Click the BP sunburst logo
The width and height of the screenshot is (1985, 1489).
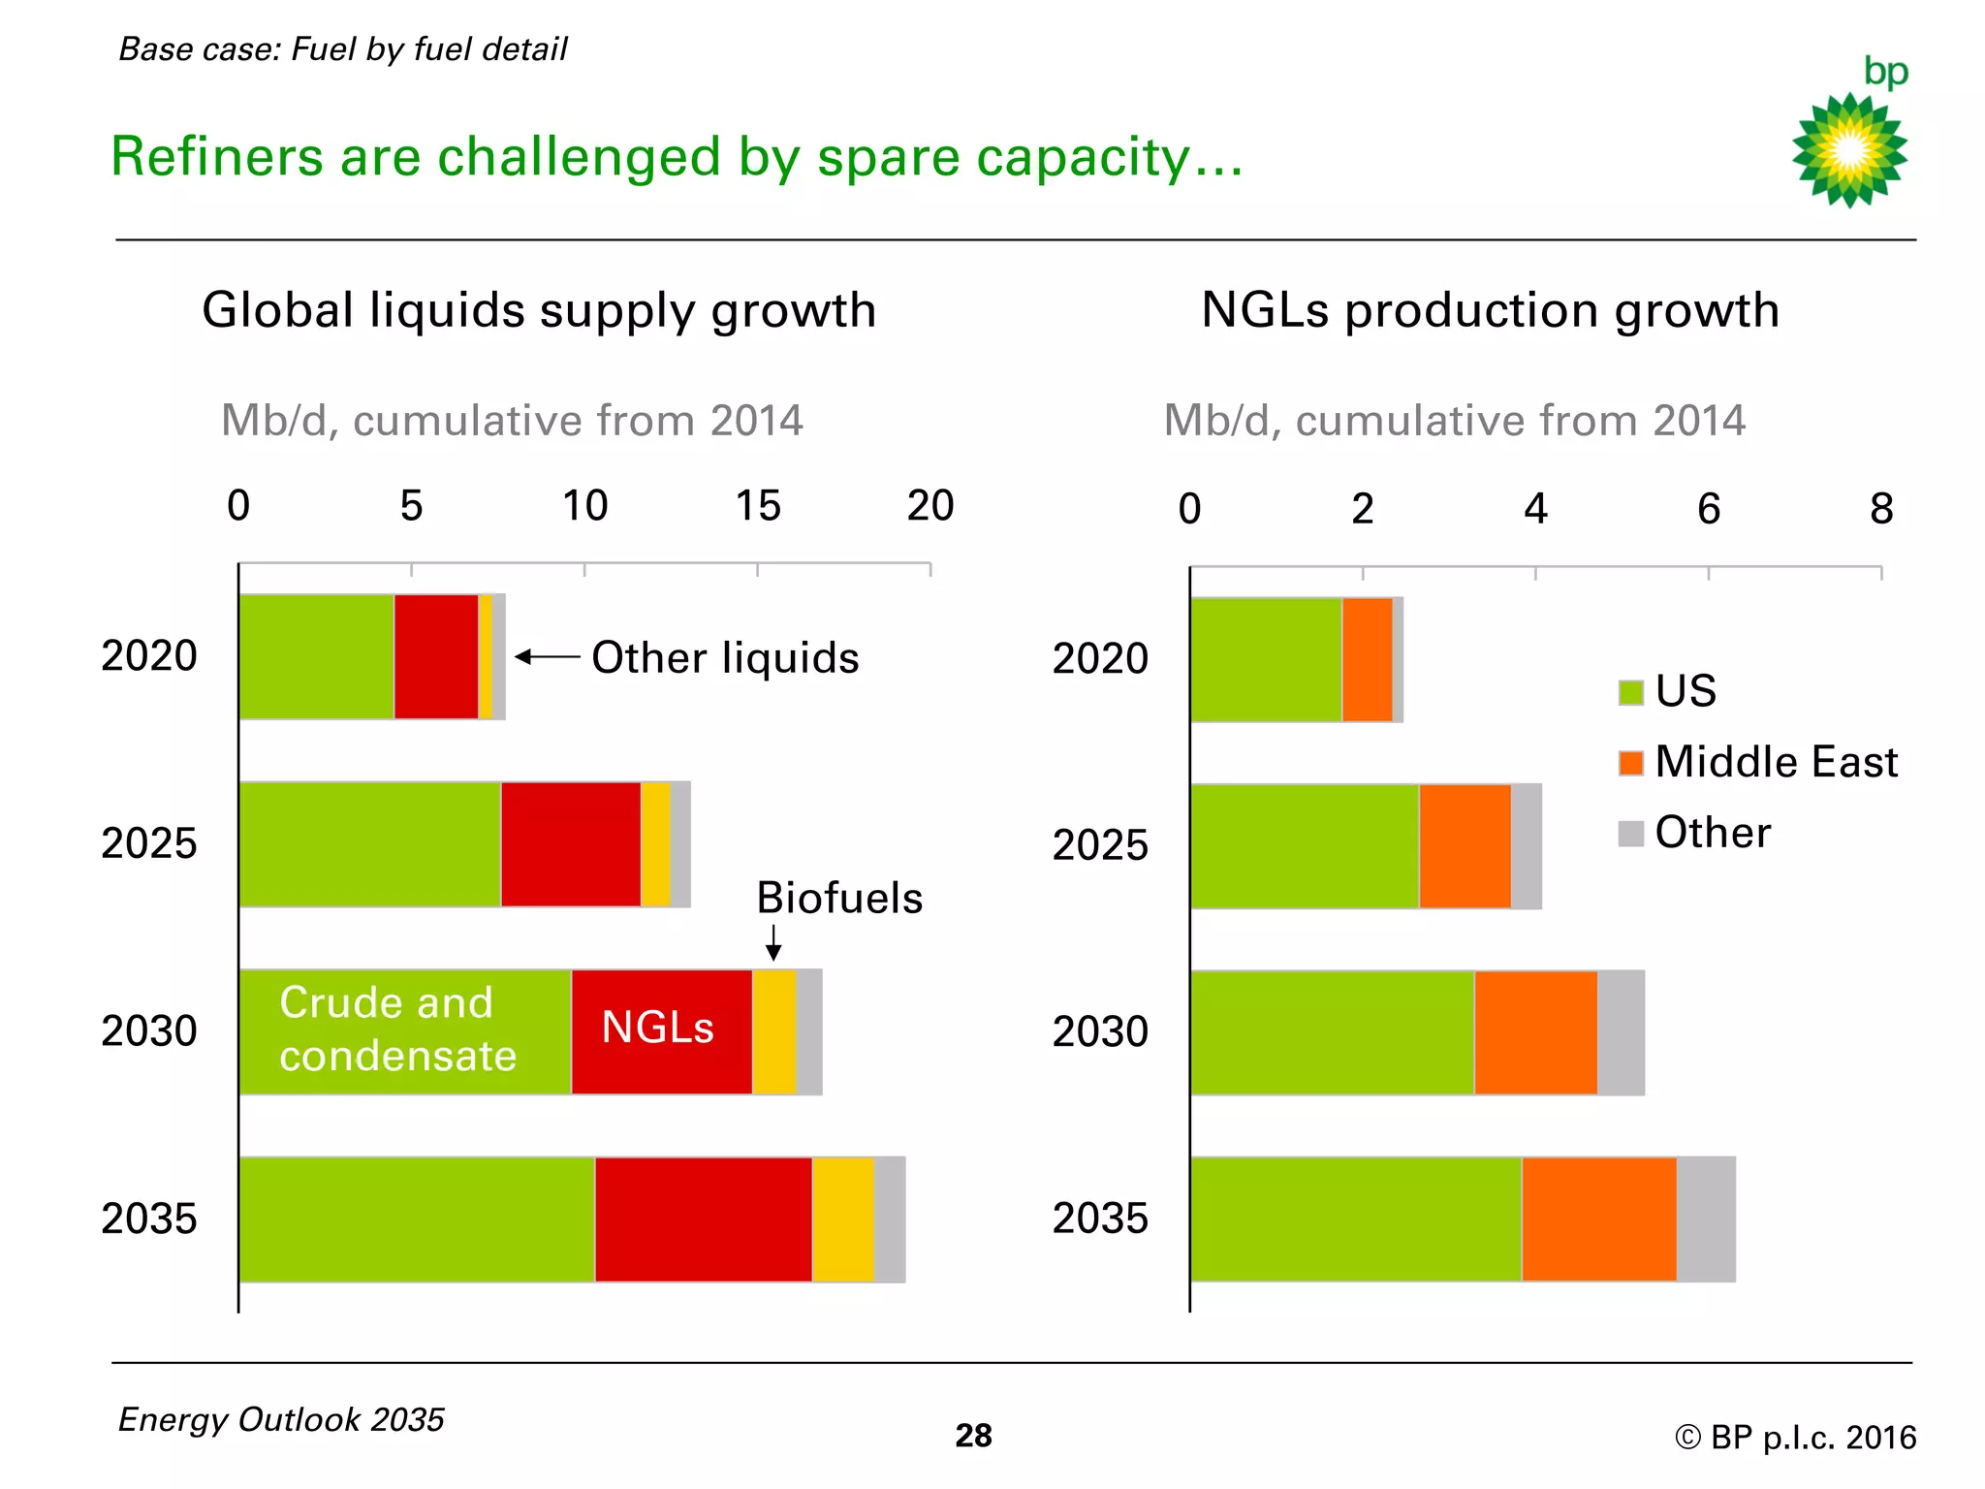pos(1849,149)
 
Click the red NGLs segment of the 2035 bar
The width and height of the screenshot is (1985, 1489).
pos(703,1220)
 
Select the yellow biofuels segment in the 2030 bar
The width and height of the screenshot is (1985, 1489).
pos(773,1032)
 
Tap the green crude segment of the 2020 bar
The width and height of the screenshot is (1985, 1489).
pos(316,656)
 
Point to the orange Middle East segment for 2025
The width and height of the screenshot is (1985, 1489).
pos(1465,846)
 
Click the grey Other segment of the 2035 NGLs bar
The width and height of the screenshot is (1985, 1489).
pos(1706,1220)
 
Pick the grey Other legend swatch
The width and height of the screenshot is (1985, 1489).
pos(1631,834)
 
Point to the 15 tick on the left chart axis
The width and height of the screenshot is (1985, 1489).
pos(757,506)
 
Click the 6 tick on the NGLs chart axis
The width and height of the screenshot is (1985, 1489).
pos(1708,509)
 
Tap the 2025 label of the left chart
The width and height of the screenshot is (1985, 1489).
pos(148,843)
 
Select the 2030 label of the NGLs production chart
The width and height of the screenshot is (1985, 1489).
pos(1100,1031)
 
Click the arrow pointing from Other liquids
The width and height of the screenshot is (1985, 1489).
pos(547,657)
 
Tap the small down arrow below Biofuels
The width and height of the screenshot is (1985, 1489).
pos(773,941)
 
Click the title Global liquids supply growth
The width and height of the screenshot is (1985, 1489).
pos(539,310)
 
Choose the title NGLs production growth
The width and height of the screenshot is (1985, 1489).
pos(1490,310)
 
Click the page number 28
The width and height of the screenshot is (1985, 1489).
pos(973,1436)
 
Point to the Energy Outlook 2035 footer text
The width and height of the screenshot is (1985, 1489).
pos(281,1419)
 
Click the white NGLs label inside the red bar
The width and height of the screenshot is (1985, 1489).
pos(657,1028)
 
